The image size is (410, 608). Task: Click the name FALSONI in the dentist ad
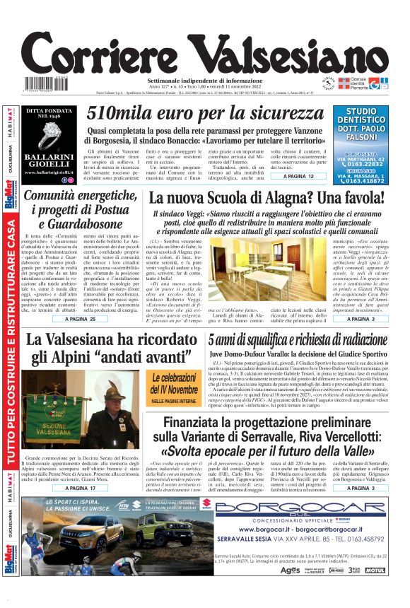coord(361,137)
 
